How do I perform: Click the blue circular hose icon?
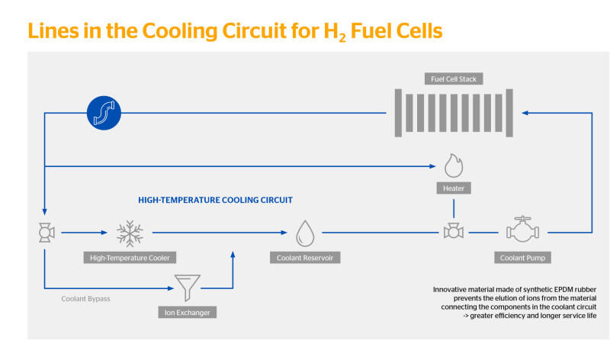click(x=104, y=113)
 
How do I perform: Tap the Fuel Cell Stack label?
click(x=454, y=79)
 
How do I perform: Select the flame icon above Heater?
click(x=454, y=166)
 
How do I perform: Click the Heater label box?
click(x=454, y=188)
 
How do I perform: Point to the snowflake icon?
click(x=130, y=233)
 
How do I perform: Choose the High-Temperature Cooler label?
click(x=130, y=258)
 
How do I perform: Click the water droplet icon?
click(x=305, y=233)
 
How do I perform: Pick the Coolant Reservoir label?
click(x=305, y=258)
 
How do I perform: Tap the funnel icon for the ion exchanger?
click(x=188, y=288)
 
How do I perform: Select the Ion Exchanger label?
click(x=187, y=312)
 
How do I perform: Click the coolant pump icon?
click(x=522, y=230)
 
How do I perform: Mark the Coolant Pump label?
click(x=522, y=258)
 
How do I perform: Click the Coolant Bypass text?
click(x=85, y=299)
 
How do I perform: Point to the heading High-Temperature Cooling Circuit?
click(x=215, y=200)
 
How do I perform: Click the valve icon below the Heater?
click(x=454, y=231)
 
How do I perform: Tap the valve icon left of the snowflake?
click(x=47, y=233)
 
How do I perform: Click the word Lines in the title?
click(x=53, y=31)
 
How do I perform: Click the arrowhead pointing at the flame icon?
click(x=432, y=166)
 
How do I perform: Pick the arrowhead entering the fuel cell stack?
click(x=525, y=113)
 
